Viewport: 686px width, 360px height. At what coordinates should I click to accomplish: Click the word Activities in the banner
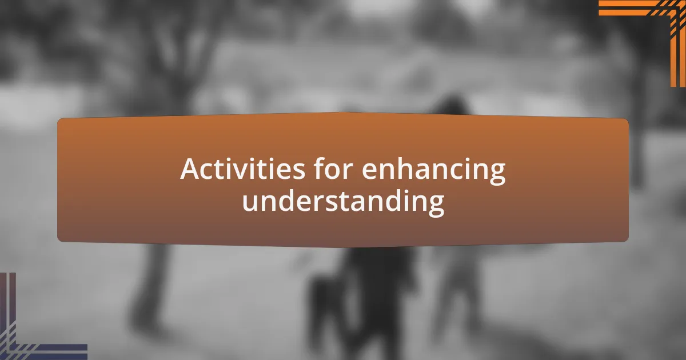coord(242,169)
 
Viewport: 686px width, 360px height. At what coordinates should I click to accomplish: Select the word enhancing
coord(434,171)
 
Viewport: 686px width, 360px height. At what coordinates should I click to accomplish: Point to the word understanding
coord(344,201)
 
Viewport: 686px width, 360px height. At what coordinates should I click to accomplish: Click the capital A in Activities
coord(190,169)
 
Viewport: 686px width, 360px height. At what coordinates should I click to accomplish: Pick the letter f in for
coord(319,168)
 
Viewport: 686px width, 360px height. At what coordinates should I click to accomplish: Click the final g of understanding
coord(434,205)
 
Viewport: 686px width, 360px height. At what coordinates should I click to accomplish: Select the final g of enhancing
coord(496,174)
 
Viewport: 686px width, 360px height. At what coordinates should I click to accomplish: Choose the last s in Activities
coord(298,171)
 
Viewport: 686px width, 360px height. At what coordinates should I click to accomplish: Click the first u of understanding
coord(250,203)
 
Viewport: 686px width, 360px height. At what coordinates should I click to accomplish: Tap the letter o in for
coord(335,171)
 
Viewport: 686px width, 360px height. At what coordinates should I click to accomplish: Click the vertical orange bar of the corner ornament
coord(678,46)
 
